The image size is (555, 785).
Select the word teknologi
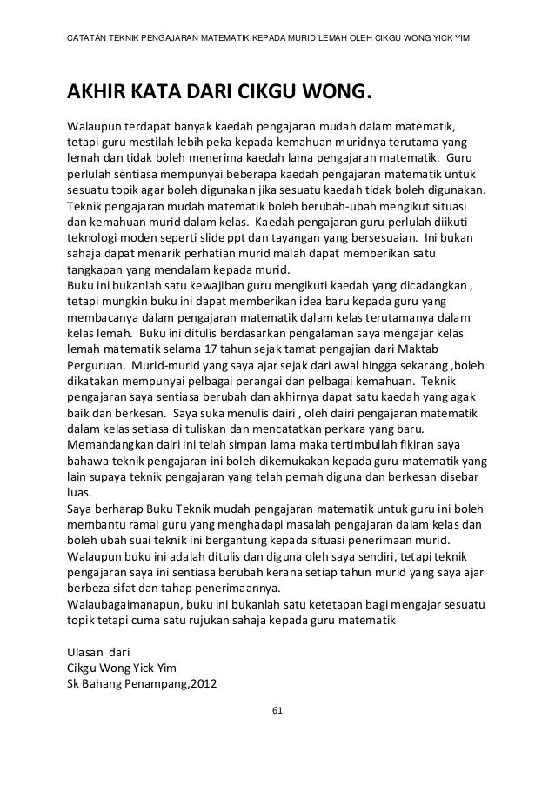(x=94, y=235)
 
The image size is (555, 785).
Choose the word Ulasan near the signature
(x=87, y=649)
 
